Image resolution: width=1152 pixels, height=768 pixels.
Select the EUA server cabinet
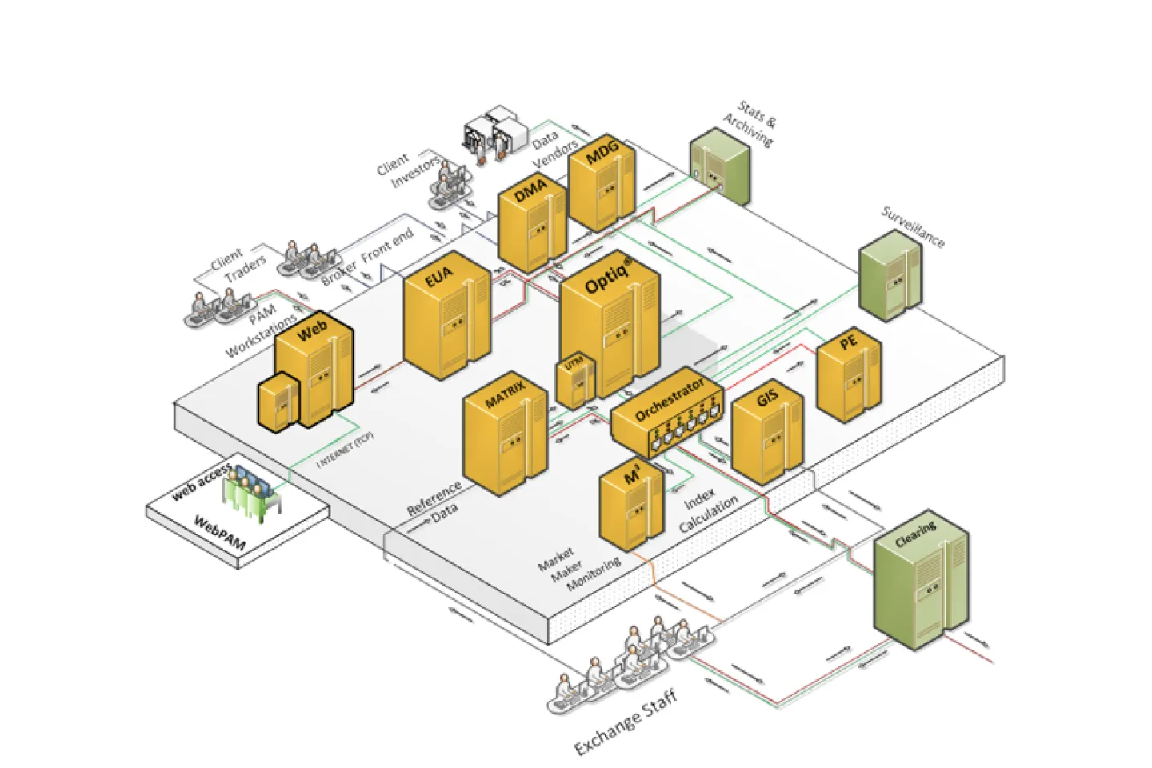[x=446, y=320]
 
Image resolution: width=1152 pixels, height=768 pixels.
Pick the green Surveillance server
[x=890, y=276]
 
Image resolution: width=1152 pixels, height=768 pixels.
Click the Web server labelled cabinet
[x=314, y=368]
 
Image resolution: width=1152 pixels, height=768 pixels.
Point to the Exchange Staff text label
[x=626, y=722]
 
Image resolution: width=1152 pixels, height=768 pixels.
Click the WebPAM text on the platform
[x=221, y=534]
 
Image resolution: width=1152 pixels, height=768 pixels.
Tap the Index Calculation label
[x=709, y=511]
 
